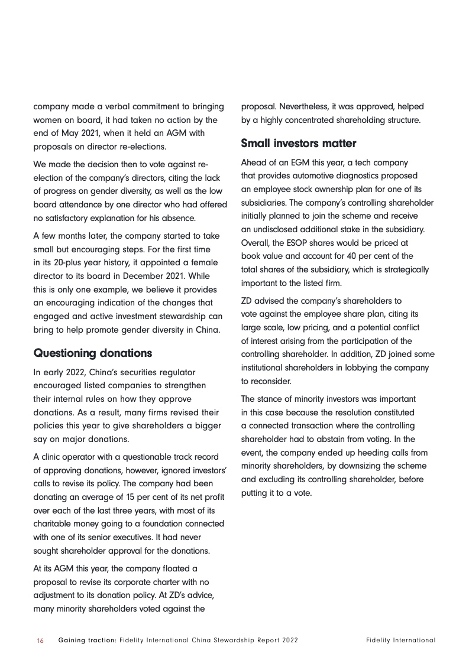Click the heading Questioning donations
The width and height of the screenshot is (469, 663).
(93, 353)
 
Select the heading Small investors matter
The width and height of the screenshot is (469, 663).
(299, 144)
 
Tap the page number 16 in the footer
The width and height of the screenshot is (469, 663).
(40, 640)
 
